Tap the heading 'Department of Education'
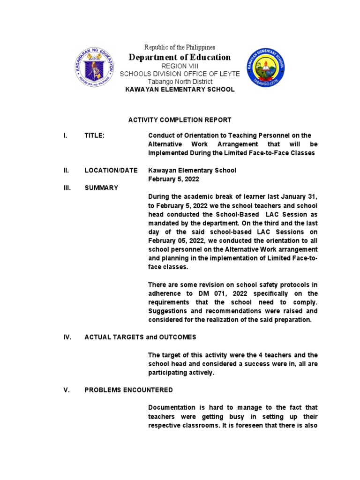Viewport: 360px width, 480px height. pos(180,57)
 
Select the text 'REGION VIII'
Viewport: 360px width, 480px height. pos(180,66)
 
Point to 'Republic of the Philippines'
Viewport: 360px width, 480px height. pos(180,47)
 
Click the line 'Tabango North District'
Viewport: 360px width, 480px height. pos(180,82)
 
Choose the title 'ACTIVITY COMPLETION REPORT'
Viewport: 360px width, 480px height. pos(180,120)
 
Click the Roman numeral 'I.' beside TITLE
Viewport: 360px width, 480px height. pos(65,135)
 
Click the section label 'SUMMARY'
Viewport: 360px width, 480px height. pos(101,188)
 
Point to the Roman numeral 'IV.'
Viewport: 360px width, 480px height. pos(67,337)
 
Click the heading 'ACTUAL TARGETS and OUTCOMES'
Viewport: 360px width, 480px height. pos(140,337)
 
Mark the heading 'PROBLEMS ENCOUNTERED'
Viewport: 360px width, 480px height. pos(128,390)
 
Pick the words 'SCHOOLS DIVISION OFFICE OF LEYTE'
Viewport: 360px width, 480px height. pos(180,74)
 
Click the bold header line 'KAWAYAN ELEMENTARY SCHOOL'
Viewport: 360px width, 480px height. pos(180,89)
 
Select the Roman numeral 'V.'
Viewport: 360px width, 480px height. pos(66,390)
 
